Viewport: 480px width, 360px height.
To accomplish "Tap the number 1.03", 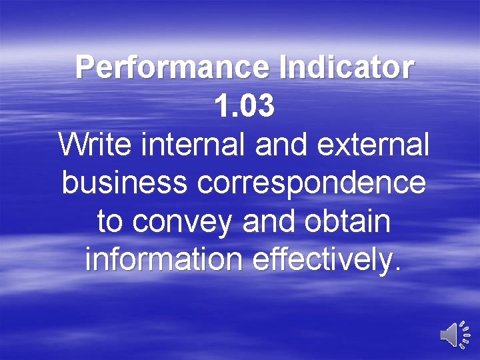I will [x=244, y=107].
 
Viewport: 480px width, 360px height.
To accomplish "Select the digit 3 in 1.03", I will [x=265, y=107].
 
